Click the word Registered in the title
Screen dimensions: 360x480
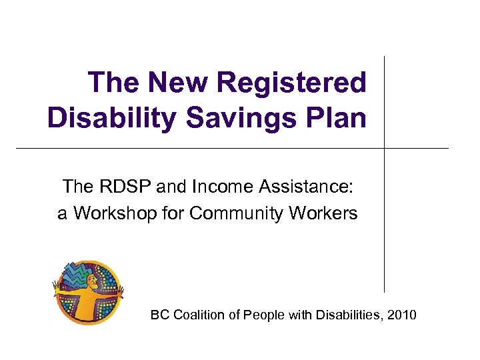[x=291, y=83]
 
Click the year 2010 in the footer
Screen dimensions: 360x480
[x=401, y=315]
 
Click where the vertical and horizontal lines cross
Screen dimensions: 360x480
[x=385, y=148]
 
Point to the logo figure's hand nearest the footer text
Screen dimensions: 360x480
[x=121, y=291]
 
